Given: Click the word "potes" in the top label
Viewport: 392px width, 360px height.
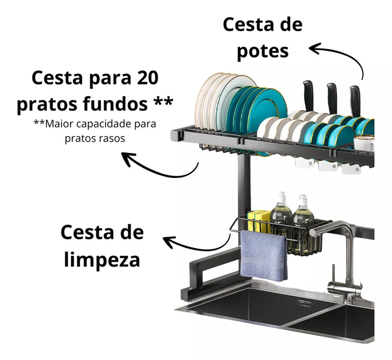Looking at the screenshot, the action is [263, 52].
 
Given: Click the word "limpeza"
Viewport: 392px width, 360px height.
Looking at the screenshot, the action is [102, 259].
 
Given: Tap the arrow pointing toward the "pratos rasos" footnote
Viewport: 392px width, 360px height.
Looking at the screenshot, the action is [160, 166].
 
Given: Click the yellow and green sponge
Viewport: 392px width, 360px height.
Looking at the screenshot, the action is [259, 222].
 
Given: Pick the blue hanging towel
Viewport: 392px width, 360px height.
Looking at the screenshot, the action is [264, 255].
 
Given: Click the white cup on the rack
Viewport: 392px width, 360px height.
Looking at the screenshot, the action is [364, 143].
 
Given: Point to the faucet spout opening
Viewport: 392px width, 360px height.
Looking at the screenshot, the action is [312, 232].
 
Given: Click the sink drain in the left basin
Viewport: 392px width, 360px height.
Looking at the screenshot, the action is [304, 303].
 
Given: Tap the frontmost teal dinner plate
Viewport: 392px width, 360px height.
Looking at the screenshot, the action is [267, 108].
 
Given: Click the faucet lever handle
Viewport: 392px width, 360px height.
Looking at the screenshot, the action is [334, 273].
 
